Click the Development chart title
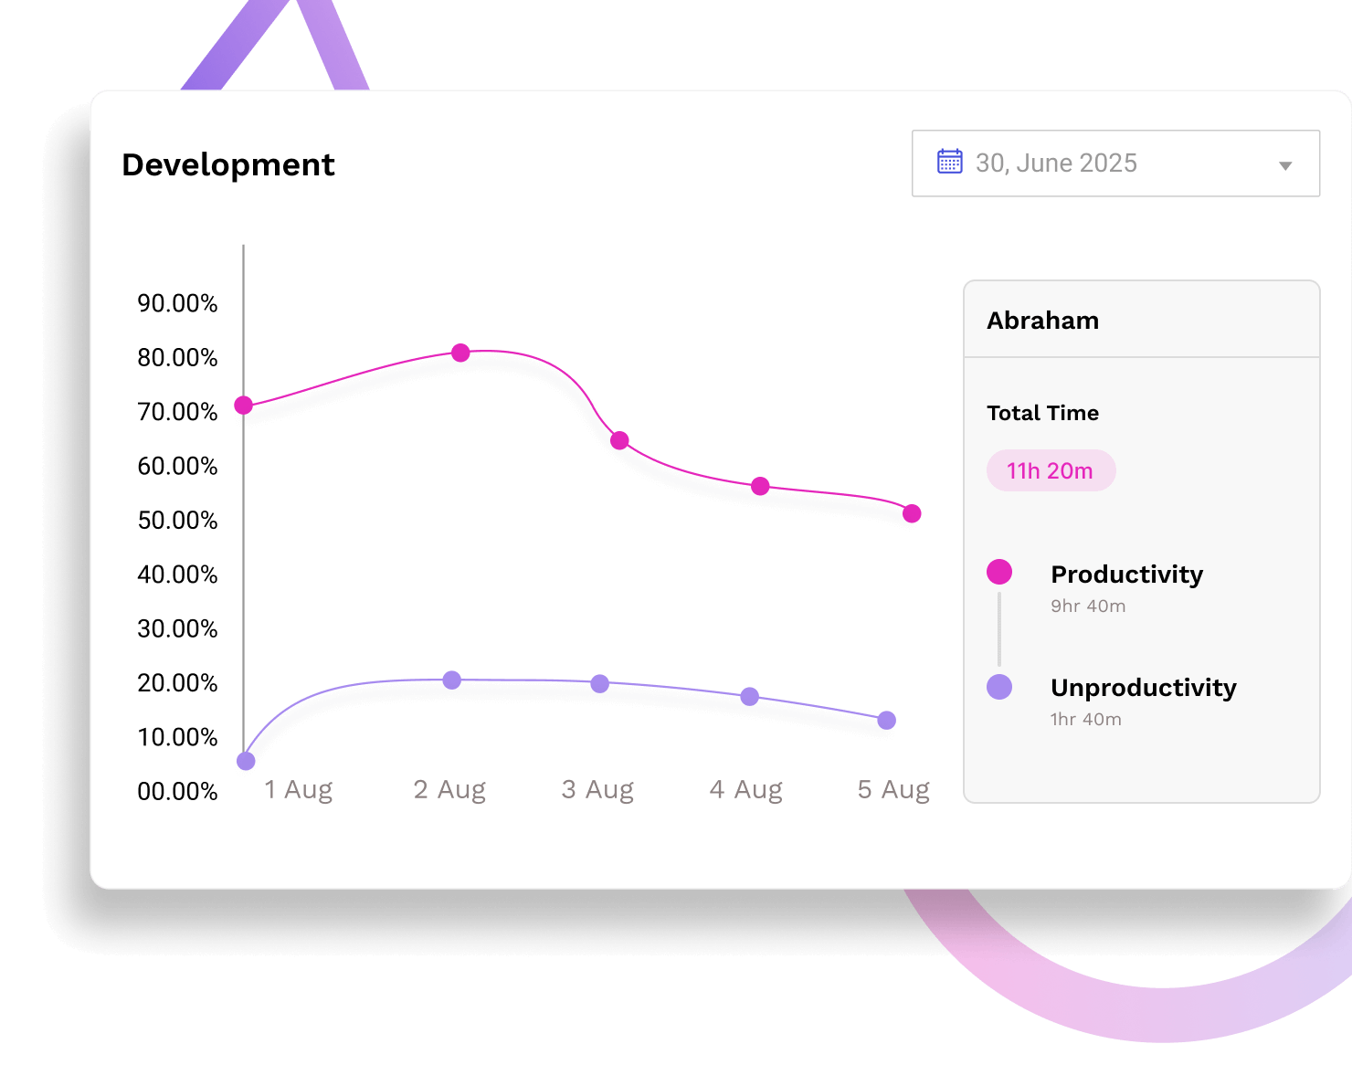228,164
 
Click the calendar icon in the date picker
950,162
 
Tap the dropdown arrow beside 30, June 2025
1285,165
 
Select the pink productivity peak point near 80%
460,353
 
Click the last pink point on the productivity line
912,513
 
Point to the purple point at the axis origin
246,761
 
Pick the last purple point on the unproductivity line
886,721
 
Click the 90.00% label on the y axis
177,303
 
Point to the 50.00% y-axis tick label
177,521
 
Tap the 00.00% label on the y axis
177,791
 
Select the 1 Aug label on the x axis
298,789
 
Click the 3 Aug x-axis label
597,789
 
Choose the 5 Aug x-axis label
893,789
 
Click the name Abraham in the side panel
1042,321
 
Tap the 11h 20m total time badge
1051,471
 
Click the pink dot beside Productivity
999,572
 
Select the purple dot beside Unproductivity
999,687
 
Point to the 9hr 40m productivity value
1088,606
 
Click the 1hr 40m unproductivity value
1086,719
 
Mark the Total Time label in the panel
1042,413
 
